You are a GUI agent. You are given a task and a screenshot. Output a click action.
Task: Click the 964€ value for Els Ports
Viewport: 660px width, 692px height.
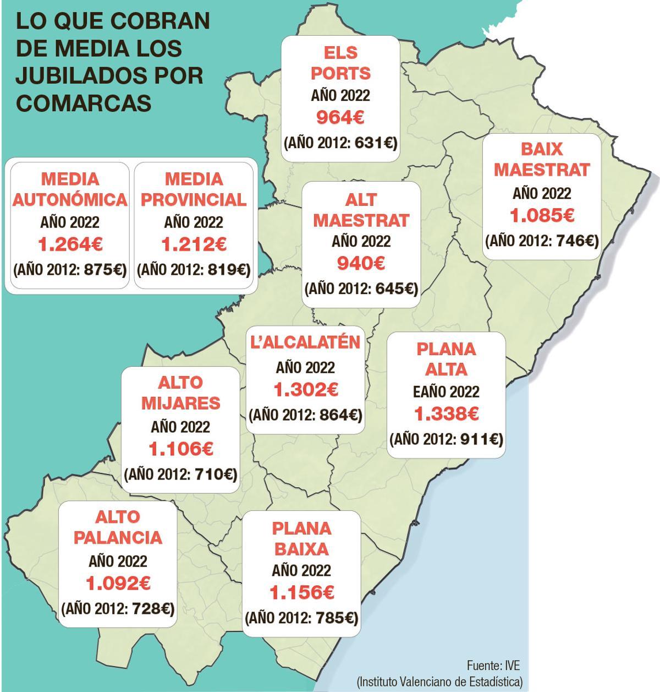point(340,118)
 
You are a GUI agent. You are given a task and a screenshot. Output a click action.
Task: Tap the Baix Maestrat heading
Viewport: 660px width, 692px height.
point(541,160)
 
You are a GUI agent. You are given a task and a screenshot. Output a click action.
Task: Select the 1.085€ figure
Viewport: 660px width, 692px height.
point(542,216)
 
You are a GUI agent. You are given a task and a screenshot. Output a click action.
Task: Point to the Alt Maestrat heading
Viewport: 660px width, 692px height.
point(361,210)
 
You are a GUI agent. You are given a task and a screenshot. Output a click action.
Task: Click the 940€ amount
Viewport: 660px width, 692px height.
point(361,264)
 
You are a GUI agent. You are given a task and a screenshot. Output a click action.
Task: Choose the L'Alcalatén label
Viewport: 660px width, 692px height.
point(305,342)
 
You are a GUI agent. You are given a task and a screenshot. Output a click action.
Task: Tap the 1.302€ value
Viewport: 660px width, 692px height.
point(305,390)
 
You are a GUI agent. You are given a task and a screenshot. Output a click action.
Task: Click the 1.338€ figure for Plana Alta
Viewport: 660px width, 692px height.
point(446,413)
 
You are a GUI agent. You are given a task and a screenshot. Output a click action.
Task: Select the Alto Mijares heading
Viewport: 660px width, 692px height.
point(180,393)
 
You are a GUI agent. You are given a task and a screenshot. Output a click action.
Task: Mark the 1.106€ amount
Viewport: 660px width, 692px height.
point(180,450)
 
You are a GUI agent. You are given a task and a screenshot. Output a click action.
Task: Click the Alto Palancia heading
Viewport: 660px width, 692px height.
point(118,527)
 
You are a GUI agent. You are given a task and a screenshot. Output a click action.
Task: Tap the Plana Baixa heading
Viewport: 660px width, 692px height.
point(301,538)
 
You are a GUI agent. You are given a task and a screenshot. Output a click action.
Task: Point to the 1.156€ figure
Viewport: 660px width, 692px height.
point(301,593)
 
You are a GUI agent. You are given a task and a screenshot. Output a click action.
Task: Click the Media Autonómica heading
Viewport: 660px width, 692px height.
point(69,189)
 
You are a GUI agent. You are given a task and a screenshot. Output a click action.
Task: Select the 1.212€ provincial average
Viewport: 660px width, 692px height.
point(193,244)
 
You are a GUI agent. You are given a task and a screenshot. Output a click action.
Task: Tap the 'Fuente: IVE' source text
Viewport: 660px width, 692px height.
point(493,664)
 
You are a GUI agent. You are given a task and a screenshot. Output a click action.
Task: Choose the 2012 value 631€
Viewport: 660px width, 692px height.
point(375,143)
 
